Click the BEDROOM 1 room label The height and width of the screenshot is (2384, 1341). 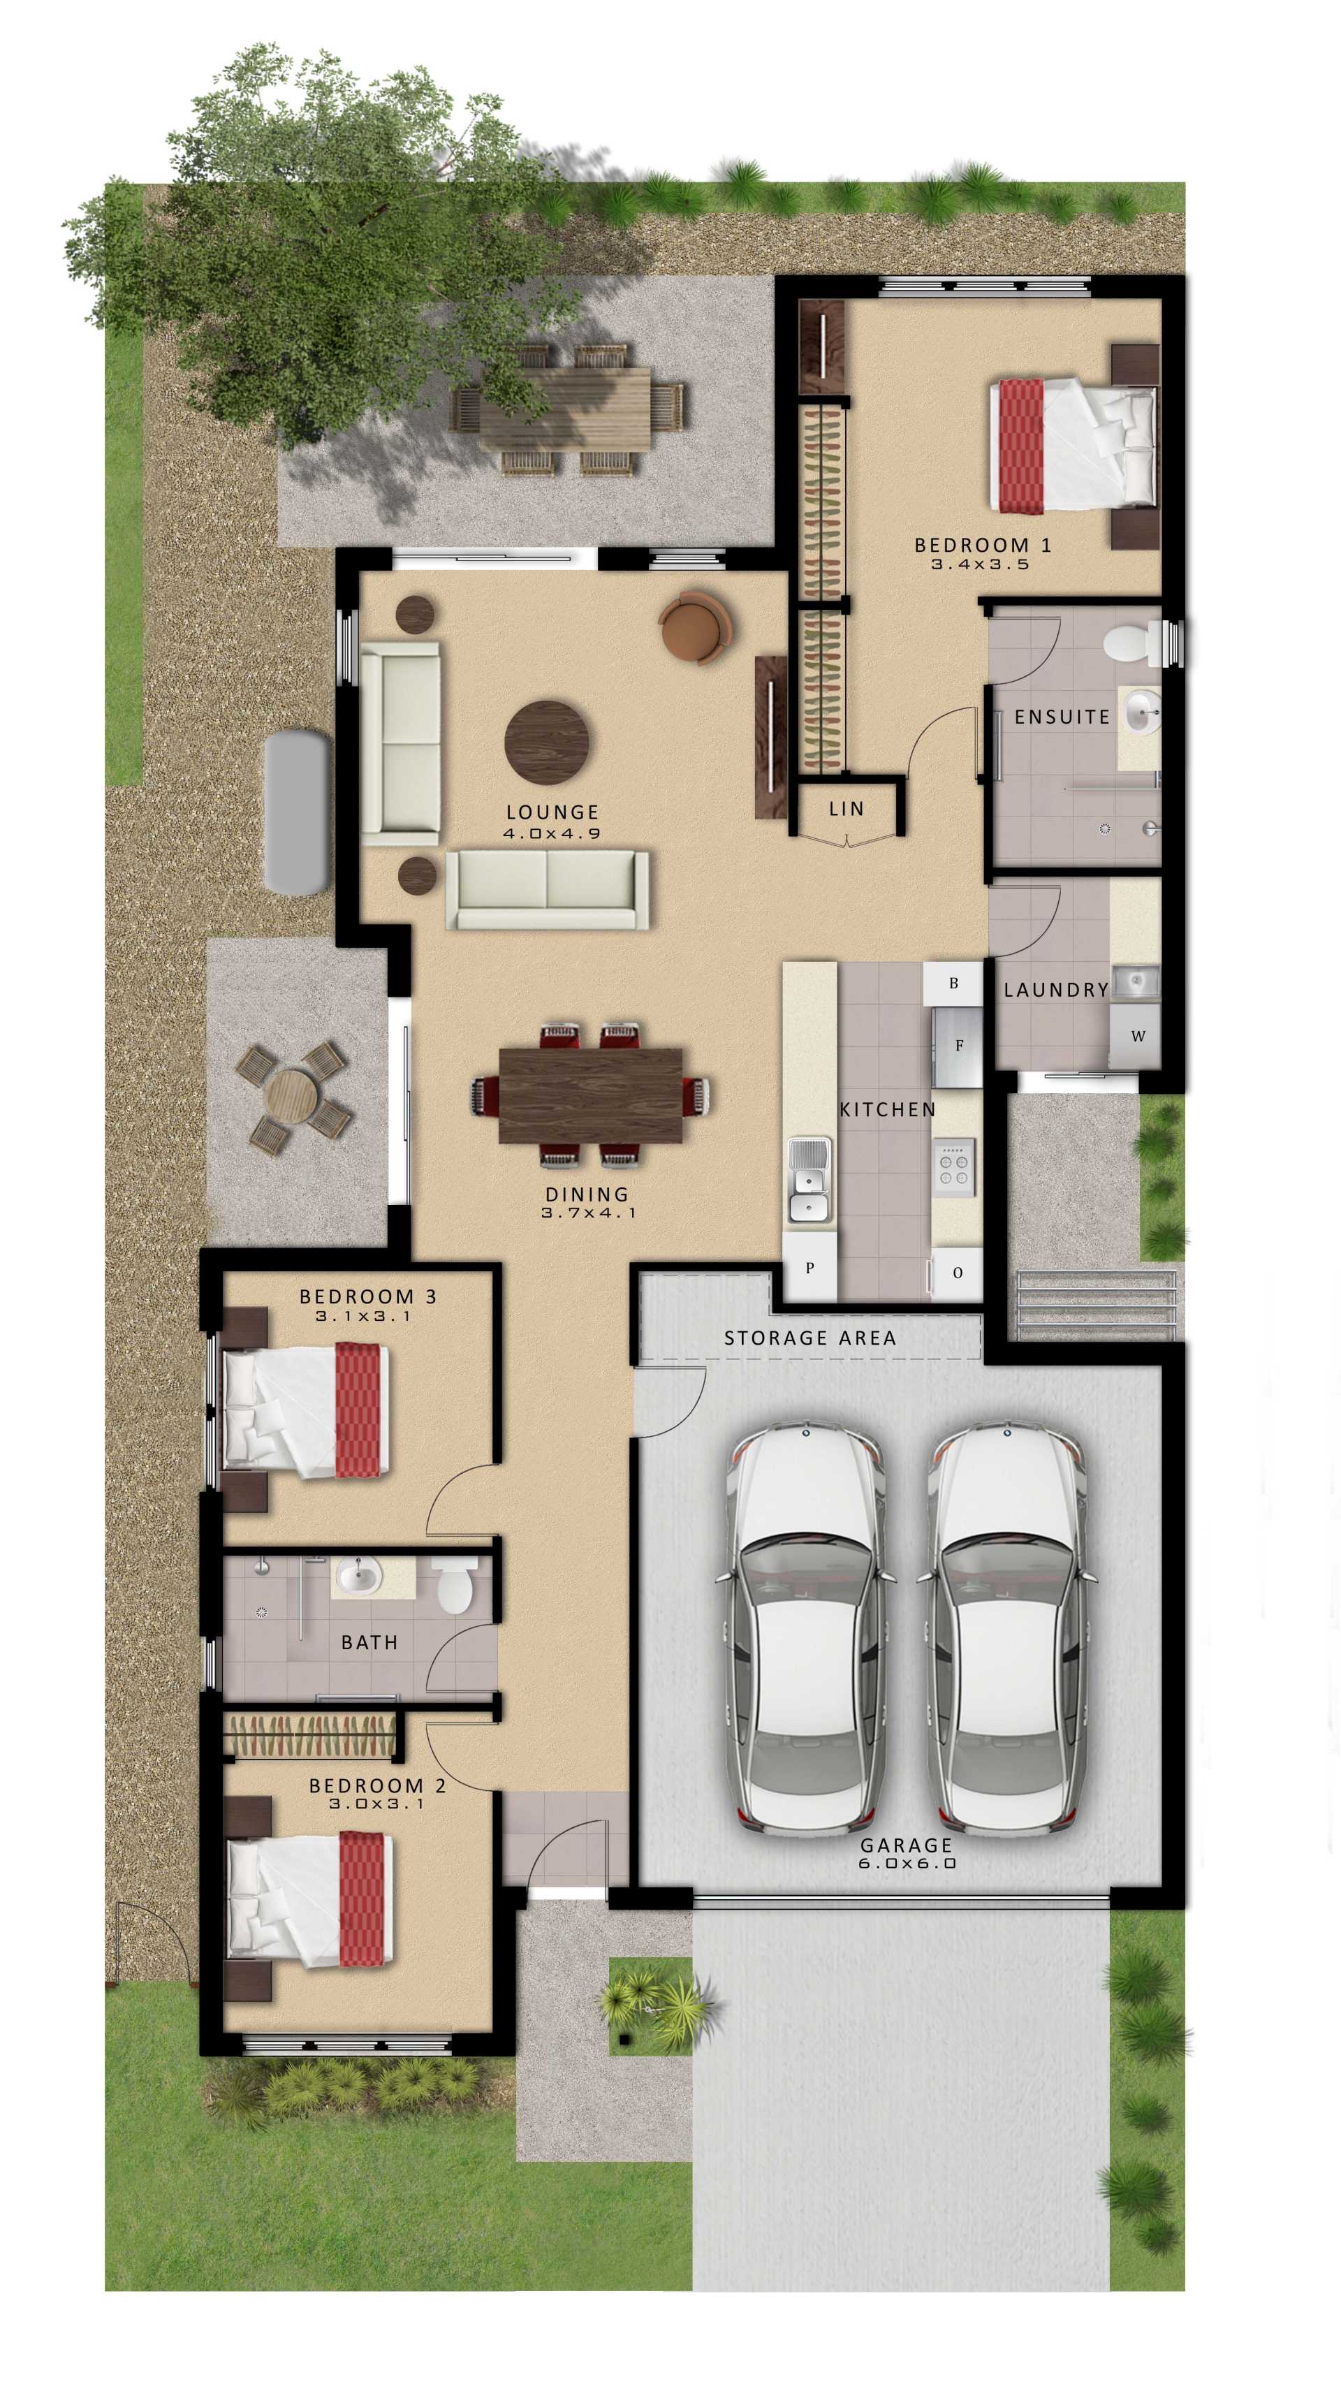tap(982, 545)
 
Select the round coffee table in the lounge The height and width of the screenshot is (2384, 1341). tap(547, 740)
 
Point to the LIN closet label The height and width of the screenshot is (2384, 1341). tap(846, 809)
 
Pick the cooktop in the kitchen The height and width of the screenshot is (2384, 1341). tap(953, 1165)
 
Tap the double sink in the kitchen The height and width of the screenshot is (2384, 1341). tap(809, 1180)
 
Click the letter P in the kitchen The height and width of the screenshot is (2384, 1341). tap(809, 1268)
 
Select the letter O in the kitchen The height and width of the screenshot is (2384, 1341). tap(957, 1273)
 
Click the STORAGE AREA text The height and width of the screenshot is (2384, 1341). tap(809, 1338)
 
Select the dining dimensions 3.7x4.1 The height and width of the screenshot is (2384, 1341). tap(589, 1213)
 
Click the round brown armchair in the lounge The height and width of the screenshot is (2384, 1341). tap(695, 627)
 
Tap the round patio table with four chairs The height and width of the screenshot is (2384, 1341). tap(291, 1097)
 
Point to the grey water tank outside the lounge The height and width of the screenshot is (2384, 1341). tap(296, 812)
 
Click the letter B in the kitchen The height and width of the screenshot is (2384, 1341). tap(953, 983)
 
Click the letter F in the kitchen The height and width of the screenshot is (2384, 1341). tap(959, 1046)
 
